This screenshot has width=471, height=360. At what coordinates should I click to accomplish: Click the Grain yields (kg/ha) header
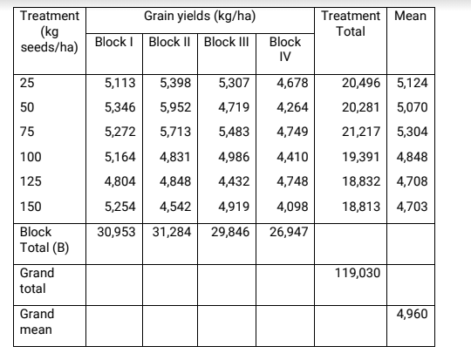click(200, 16)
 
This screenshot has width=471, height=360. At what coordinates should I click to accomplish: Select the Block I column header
click(114, 42)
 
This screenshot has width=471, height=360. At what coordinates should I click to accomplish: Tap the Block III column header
click(226, 42)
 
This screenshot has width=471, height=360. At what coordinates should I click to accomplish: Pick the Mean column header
click(410, 16)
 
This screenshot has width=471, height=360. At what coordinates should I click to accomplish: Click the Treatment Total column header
click(351, 24)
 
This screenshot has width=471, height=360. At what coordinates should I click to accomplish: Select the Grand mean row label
click(37, 322)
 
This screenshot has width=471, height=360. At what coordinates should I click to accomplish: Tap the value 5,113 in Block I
click(119, 85)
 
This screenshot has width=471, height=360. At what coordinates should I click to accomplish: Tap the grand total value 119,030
click(358, 273)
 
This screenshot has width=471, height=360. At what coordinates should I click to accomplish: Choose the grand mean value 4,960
click(412, 314)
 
